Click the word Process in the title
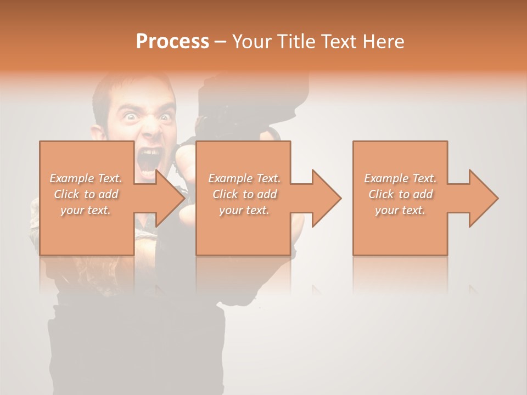(x=172, y=42)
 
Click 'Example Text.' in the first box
(x=86, y=178)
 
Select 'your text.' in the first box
(x=86, y=210)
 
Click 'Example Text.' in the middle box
(x=244, y=178)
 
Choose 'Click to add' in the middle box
(x=244, y=194)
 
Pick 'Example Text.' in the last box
(x=400, y=178)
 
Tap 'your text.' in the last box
(x=400, y=210)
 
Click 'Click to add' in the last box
(x=400, y=194)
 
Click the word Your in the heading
(x=250, y=42)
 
